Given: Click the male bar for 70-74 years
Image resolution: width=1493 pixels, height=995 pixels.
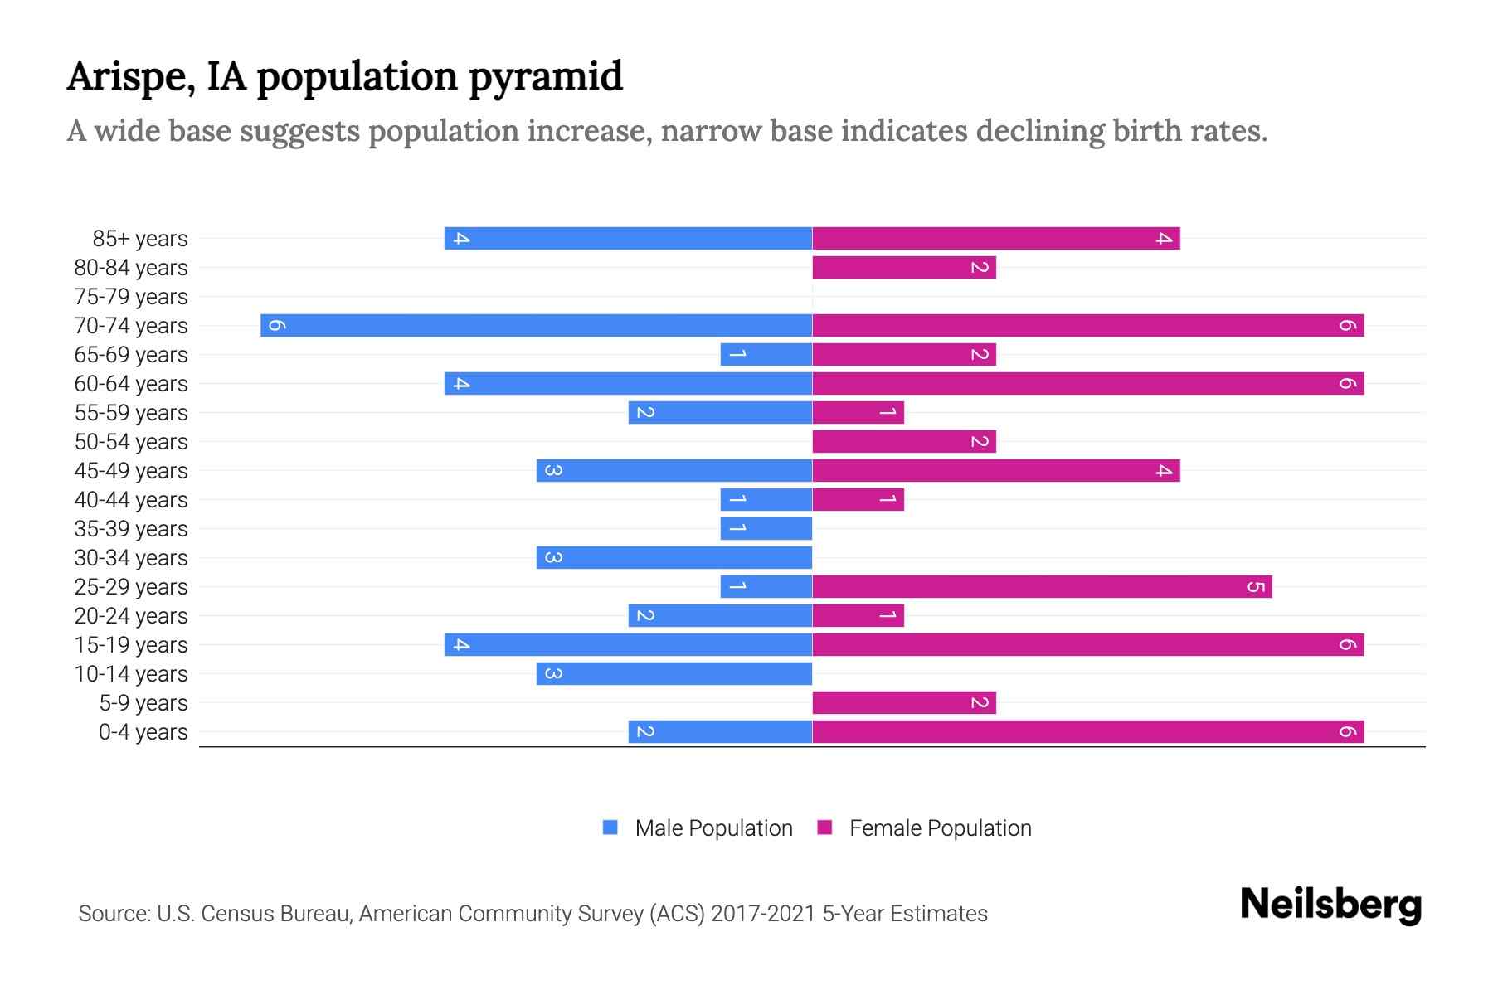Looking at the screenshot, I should click(x=536, y=325).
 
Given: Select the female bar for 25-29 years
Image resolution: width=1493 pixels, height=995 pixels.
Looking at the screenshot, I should click(x=1042, y=586).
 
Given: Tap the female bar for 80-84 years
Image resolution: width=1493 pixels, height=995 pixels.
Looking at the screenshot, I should click(x=903, y=267).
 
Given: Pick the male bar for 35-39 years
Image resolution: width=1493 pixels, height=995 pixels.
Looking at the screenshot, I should click(x=766, y=528).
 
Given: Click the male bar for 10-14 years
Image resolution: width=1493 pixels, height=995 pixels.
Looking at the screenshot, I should click(x=674, y=673).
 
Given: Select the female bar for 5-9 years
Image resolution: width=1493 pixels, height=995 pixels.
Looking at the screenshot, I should click(x=903, y=702).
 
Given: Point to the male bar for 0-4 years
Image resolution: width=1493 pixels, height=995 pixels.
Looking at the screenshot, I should click(x=720, y=731).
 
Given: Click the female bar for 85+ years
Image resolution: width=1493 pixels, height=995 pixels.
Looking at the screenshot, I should click(x=995, y=238).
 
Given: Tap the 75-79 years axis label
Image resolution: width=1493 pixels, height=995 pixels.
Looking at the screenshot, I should click(x=131, y=297).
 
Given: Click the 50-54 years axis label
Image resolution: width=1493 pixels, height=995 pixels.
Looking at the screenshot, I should click(x=131, y=442).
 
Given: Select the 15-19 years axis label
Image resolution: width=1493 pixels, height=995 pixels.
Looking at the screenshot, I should click(x=131, y=645).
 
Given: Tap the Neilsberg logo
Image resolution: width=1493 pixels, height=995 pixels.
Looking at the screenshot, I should click(x=1330, y=905).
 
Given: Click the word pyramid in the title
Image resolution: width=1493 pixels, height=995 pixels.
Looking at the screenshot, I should click(x=545, y=77).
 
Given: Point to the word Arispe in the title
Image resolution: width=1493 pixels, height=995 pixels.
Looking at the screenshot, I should click(x=131, y=77).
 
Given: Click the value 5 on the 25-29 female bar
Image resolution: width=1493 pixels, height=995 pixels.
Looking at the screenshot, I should click(x=1256, y=587).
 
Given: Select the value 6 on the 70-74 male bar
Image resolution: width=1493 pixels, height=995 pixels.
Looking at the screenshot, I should click(x=277, y=326).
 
